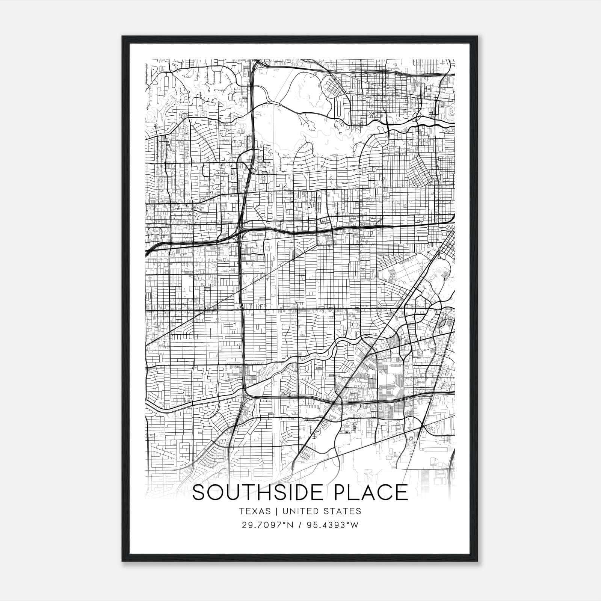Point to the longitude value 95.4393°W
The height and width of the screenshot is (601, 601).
point(333,525)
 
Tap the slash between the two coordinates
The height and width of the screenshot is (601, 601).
point(299,525)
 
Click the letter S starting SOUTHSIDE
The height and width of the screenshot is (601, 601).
point(199,492)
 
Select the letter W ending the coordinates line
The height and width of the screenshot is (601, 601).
point(355,525)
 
